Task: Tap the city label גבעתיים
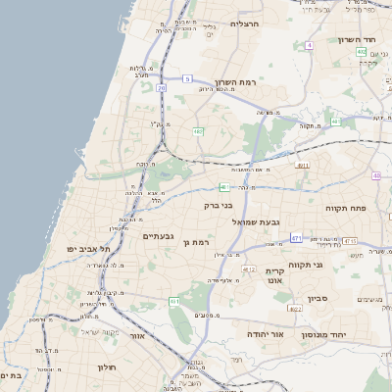pos(158,236)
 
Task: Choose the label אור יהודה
pos(264,334)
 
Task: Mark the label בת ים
pos(11,375)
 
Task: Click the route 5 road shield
pos(186,77)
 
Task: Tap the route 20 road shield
pos(161,87)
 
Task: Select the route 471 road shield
pos(297,237)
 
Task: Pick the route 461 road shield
pos(224,185)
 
